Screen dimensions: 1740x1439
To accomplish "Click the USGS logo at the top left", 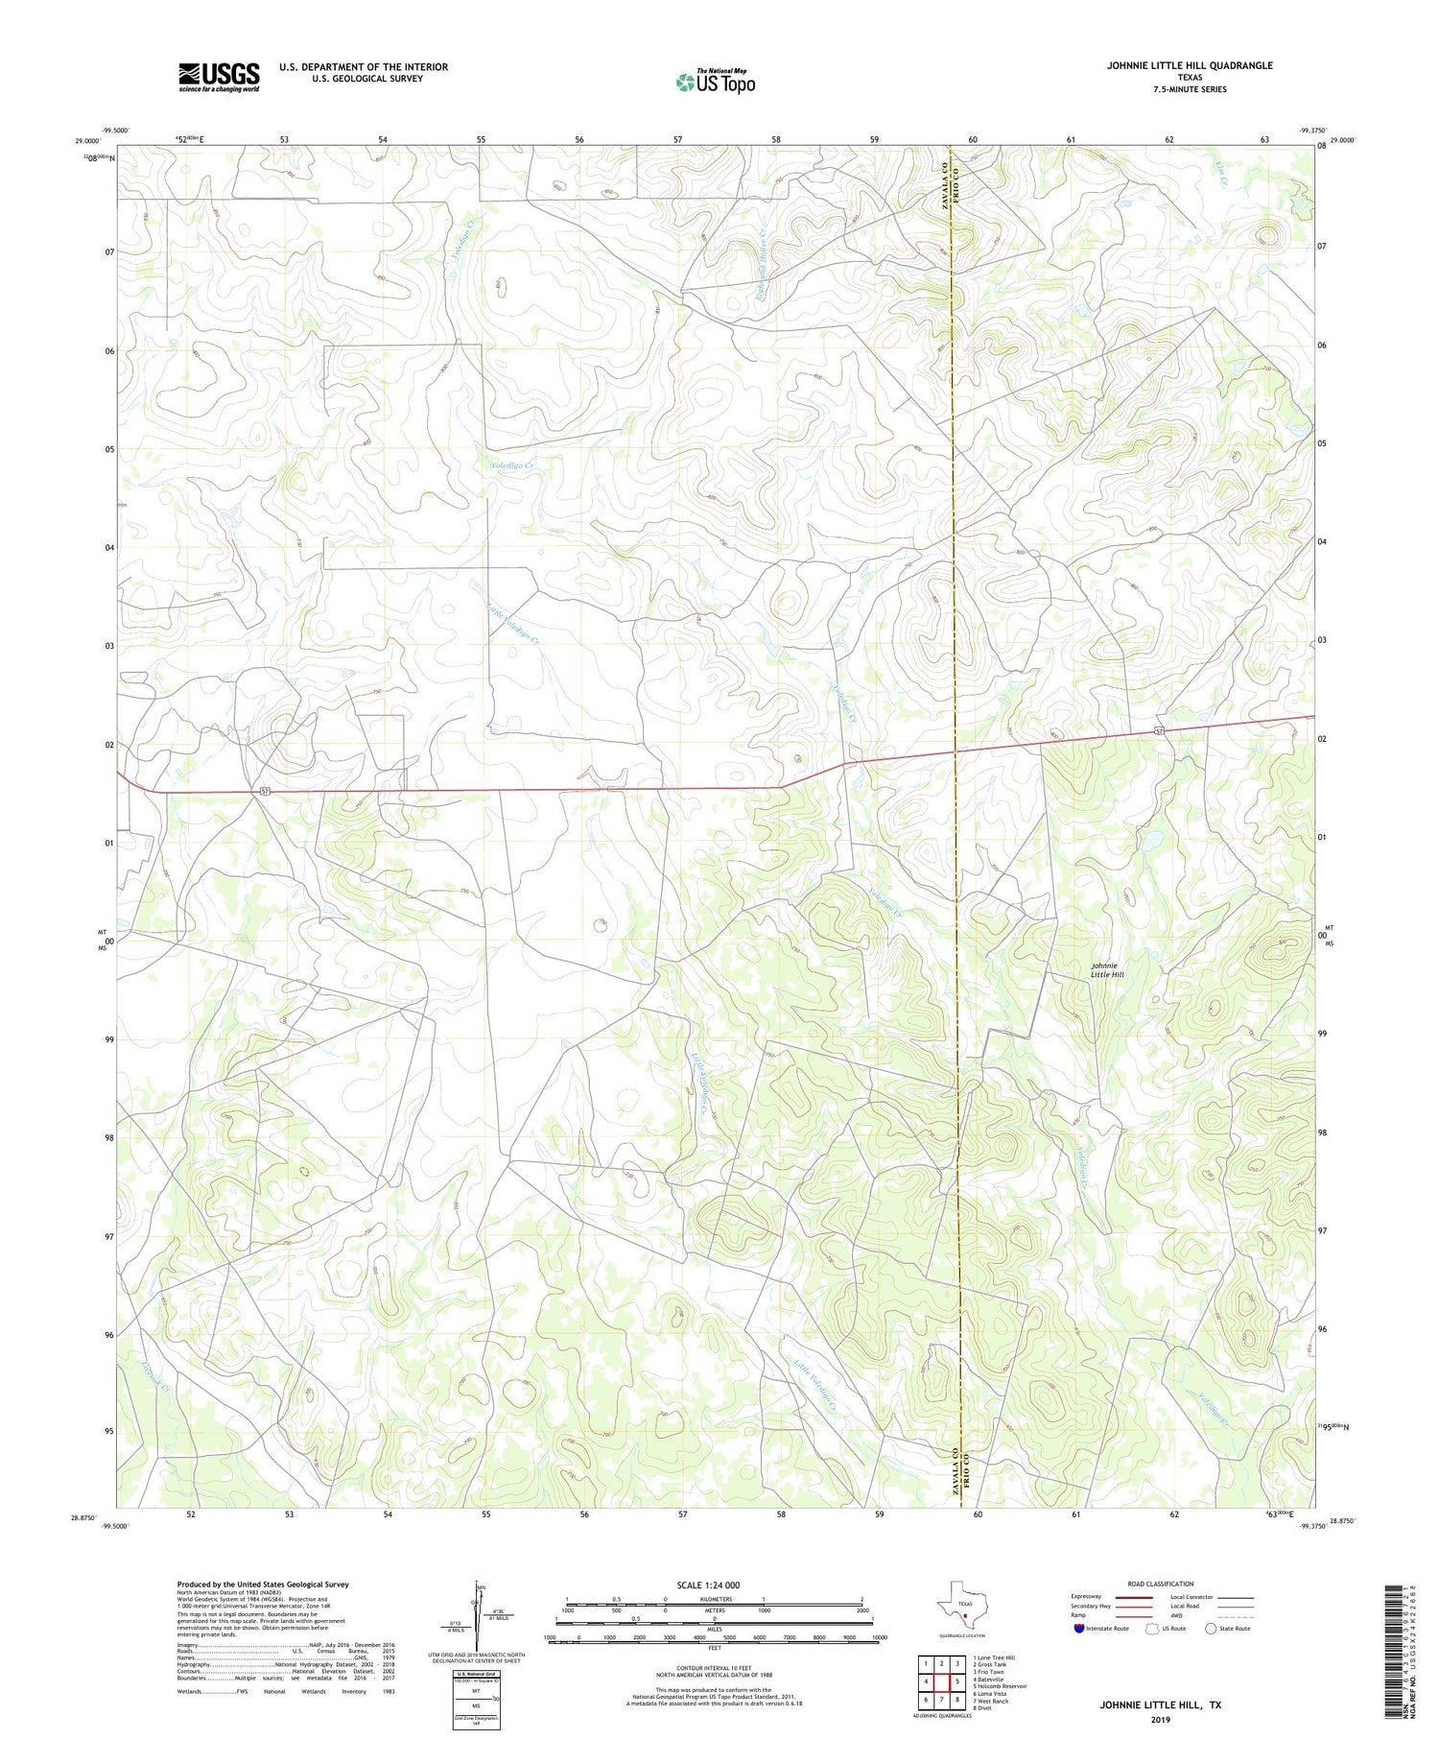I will tap(219, 77).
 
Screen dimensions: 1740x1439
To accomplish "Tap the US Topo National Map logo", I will tap(715, 82).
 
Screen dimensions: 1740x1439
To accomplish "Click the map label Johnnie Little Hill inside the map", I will tap(1106, 969).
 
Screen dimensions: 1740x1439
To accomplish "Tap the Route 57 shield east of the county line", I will tap(1160, 731).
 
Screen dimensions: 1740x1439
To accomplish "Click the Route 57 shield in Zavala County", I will tap(266, 791).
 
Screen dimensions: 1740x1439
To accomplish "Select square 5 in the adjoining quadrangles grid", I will tap(956, 1681).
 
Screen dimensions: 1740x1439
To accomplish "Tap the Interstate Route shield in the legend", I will tap(1079, 1629).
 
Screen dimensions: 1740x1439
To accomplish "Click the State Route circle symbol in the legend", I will tap(1212, 1629).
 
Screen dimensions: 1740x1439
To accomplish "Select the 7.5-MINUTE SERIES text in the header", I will tap(1190, 89).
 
